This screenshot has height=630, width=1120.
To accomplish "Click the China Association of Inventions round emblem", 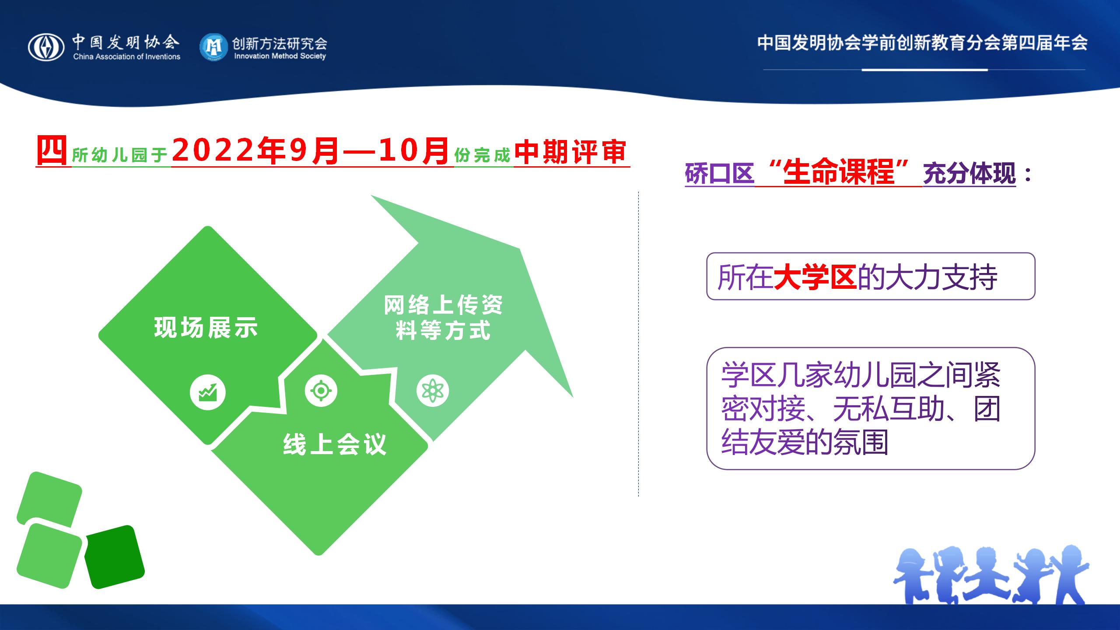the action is [46, 47].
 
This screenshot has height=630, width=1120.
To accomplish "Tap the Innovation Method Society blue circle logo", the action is [213, 47].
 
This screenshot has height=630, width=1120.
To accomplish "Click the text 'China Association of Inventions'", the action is [127, 56].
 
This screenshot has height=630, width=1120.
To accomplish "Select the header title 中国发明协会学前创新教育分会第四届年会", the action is [922, 43].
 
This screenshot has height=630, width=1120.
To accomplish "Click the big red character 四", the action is [52, 150].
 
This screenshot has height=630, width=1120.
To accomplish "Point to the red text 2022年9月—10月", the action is [311, 151].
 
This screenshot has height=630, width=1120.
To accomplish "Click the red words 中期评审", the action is [570, 152].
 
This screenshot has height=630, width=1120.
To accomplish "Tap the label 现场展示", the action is [206, 327].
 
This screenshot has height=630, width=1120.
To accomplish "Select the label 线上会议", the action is [335, 444].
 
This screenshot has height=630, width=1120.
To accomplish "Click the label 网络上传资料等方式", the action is [443, 317].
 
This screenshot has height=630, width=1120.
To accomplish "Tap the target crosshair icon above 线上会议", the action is [321, 390].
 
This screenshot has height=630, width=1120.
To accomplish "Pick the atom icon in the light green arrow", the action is [433, 391].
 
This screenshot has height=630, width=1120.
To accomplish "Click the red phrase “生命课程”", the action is [838, 173].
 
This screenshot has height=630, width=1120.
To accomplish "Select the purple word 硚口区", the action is [720, 174].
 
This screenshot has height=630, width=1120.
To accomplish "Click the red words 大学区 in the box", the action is [815, 277].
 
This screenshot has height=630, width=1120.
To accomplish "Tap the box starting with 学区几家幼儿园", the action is [871, 409].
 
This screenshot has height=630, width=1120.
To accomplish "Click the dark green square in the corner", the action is [114, 557].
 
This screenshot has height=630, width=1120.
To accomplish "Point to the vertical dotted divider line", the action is [638, 344].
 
